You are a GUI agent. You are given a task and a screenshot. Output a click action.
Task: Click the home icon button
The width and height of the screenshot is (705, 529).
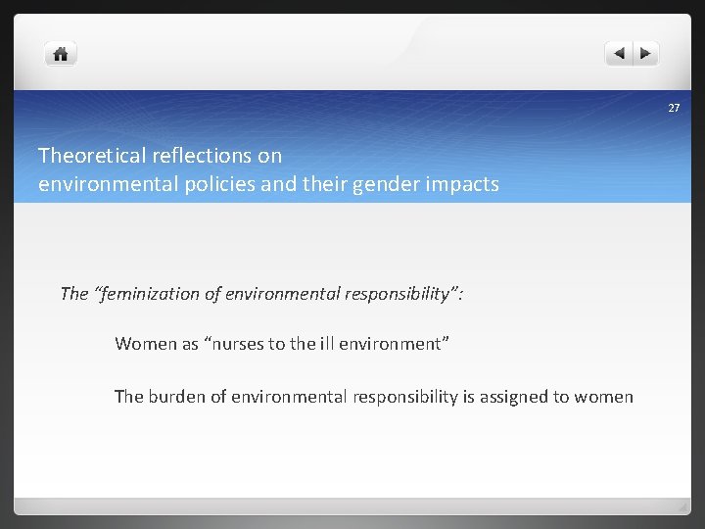[x=61, y=54]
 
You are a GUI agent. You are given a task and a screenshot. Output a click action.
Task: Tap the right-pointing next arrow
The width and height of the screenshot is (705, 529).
[x=647, y=54]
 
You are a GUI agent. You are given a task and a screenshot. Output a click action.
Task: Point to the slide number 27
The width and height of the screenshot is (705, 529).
[x=674, y=108]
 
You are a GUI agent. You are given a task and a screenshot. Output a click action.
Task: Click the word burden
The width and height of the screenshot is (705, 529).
[x=178, y=397]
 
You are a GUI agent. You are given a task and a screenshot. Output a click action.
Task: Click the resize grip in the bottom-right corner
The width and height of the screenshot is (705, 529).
[x=681, y=506]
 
